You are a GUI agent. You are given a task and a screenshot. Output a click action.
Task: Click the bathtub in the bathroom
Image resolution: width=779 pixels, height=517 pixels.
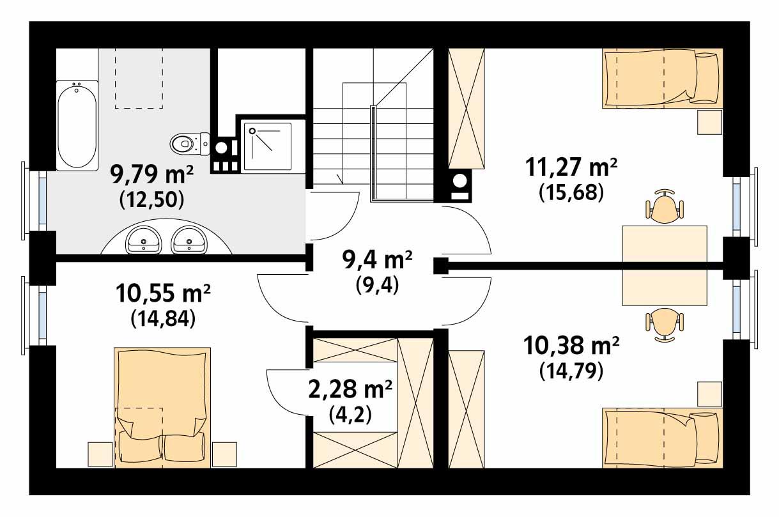pyautogui.click(x=77, y=125)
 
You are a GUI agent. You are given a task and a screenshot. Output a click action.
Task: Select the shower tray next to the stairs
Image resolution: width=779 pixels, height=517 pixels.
pyautogui.click(x=268, y=147)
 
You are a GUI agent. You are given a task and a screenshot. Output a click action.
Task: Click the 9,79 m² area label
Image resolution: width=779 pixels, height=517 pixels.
pyautogui.click(x=151, y=174)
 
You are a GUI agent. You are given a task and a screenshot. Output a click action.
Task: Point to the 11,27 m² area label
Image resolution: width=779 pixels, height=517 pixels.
pyautogui.click(x=571, y=167)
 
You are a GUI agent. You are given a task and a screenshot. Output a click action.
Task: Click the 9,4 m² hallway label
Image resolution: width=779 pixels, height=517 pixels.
pyautogui.click(x=377, y=261)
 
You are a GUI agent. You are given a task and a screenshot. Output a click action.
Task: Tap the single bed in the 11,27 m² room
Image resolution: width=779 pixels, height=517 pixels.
pyautogui.click(x=662, y=78)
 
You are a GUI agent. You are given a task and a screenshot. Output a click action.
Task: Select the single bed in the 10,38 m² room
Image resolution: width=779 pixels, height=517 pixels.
pyautogui.click(x=662, y=437)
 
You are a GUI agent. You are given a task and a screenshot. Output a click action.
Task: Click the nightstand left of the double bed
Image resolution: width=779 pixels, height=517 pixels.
pyautogui.click(x=100, y=454)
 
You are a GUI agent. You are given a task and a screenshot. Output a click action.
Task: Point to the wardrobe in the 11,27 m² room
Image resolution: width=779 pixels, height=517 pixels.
pyautogui.click(x=467, y=107)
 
